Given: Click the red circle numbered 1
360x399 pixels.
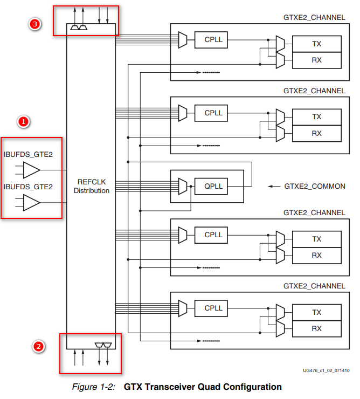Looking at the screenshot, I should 23,122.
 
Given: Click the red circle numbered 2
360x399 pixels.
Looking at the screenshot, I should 38,347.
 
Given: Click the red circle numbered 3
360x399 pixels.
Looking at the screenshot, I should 35,24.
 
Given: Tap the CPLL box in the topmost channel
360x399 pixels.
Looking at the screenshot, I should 213,39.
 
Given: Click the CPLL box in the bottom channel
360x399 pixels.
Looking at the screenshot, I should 213,308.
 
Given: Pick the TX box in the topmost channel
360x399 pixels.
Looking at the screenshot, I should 316,43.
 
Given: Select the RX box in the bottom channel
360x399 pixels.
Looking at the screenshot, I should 316,328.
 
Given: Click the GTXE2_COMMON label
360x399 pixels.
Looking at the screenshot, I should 315,187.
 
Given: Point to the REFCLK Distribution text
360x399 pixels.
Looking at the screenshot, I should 92,187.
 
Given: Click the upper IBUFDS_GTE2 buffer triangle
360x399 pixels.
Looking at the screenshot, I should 32,170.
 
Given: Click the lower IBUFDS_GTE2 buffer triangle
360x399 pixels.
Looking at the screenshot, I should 32,203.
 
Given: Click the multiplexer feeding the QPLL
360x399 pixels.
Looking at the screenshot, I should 183,187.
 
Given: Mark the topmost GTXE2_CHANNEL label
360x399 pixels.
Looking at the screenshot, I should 314,17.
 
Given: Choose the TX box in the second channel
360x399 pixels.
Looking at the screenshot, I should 316,117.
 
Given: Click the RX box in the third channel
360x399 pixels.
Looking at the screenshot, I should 316,256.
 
